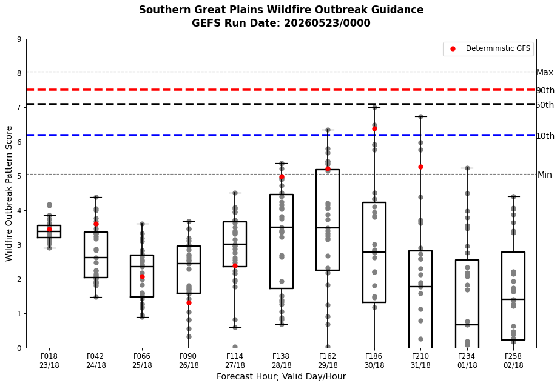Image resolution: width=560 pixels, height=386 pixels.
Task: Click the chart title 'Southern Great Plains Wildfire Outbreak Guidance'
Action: [281, 10]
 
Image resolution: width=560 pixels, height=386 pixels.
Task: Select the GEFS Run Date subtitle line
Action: [281, 23]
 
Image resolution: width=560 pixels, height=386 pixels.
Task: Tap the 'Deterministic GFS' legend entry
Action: [488, 48]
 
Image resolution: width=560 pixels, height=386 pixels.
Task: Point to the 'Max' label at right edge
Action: [545, 73]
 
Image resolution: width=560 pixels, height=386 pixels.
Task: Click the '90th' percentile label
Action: [545, 90]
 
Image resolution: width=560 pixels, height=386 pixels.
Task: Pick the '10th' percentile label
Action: [545, 136]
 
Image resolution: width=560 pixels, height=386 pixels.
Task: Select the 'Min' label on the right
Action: [545, 175]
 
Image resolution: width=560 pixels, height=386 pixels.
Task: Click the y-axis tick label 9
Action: [19, 39]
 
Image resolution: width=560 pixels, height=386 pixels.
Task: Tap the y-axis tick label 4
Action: [19, 211]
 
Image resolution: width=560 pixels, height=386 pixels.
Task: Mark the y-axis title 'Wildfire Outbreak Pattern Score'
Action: [9, 194]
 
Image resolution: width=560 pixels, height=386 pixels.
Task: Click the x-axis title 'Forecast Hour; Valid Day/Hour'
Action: [281, 376]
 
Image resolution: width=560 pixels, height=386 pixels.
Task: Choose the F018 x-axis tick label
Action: [49, 361]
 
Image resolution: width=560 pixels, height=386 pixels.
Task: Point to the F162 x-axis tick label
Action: [328, 361]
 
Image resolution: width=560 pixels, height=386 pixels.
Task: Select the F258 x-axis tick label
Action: [513, 361]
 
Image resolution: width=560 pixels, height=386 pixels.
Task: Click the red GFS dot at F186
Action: [374, 129]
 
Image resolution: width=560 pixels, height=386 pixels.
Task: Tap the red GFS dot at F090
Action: [189, 302]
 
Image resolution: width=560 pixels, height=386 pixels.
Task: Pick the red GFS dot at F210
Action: [420, 167]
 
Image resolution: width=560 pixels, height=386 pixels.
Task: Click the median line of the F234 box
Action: [467, 325]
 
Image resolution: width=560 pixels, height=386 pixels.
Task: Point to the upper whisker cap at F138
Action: [282, 163]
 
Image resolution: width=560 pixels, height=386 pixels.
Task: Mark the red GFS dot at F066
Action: [142, 276]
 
